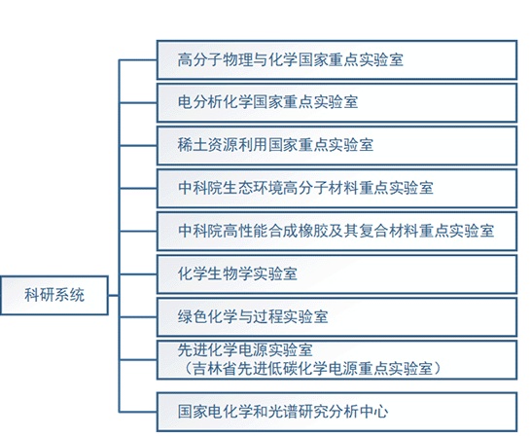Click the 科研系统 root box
pyautogui.click(x=54, y=295)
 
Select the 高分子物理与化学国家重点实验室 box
pyautogui.click(x=336, y=60)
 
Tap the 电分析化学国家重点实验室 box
pyautogui.click(x=336, y=103)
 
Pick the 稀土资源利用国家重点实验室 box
pyautogui.click(x=336, y=145)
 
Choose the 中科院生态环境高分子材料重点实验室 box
pyautogui.click(x=336, y=189)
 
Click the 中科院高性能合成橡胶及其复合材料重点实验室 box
pyautogui.click(x=336, y=232)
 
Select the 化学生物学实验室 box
pyautogui.click(x=336, y=274)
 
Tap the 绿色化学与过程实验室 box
pyautogui.click(x=336, y=317)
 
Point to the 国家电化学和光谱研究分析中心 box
pyautogui.click(x=336, y=412)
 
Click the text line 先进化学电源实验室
pyautogui.click(x=245, y=349)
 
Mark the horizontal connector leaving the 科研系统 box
pyautogui.click(x=114, y=295)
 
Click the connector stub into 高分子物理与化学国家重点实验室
pyautogui.click(x=138, y=60)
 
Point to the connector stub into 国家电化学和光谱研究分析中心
pyautogui.click(x=138, y=412)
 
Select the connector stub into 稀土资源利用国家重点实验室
pyautogui.click(x=138, y=146)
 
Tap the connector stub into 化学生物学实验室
pyautogui.click(x=138, y=274)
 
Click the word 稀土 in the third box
pyautogui.click(x=193, y=145)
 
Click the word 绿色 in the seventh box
pyautogui.click(x=193, y=316)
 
